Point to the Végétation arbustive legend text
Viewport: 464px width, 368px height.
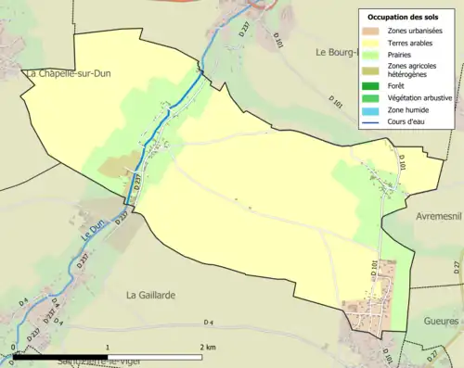click(x=419, y=100)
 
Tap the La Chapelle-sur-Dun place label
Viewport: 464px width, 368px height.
click(x=74, y=73)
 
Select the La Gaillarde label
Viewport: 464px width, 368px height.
click(x=151, y=295)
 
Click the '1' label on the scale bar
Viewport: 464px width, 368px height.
click(x=109, y=346)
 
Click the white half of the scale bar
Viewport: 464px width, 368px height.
click(x=155, y=354)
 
